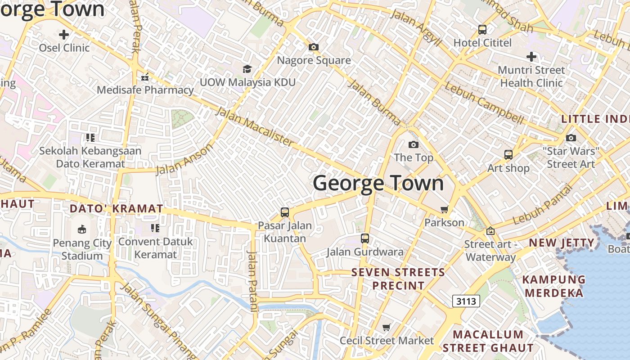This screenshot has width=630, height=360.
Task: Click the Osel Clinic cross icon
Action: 64,34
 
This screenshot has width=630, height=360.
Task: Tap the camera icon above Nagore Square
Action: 314,47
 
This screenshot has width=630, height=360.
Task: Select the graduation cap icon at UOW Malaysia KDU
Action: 247,69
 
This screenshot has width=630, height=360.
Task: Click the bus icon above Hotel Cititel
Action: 482,30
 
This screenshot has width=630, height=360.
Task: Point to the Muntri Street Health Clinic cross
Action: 531,57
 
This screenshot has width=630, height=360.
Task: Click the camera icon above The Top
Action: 413,144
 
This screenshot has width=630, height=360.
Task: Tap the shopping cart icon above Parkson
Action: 445,209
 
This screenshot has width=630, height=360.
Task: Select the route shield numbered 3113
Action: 466,301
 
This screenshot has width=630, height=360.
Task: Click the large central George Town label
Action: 378,183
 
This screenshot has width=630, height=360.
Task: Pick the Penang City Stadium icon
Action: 81,230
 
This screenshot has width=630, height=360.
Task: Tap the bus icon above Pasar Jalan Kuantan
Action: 284,212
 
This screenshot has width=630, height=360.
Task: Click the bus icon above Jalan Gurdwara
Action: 365,238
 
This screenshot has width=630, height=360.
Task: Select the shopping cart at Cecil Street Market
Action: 386,327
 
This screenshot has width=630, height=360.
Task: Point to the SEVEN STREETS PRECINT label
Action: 398,279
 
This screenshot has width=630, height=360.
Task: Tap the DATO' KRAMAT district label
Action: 116,209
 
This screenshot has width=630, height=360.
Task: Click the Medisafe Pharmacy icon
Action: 145,77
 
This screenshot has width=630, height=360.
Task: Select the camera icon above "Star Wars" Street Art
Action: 571,138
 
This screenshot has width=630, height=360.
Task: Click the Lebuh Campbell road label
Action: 484,104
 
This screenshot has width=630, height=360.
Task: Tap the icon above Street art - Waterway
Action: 490,231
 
